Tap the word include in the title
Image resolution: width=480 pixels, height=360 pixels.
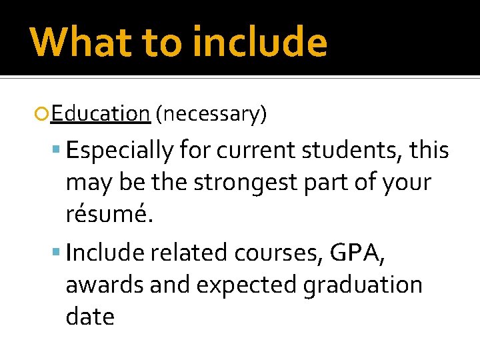pyautogui.click(x=260, y=41)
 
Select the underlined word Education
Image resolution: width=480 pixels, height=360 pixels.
pyautogui.click(x=100, y=114)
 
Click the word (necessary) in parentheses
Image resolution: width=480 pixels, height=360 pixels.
pyautogui.click(x=211, y=115)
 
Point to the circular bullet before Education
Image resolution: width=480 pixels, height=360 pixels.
pyautogui.click(x=44, y=115)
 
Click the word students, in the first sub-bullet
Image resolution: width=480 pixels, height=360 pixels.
pyautogui.click(x=354, y=151)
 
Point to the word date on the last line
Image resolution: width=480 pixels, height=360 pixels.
pyautogui.click(x=90, y=316)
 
